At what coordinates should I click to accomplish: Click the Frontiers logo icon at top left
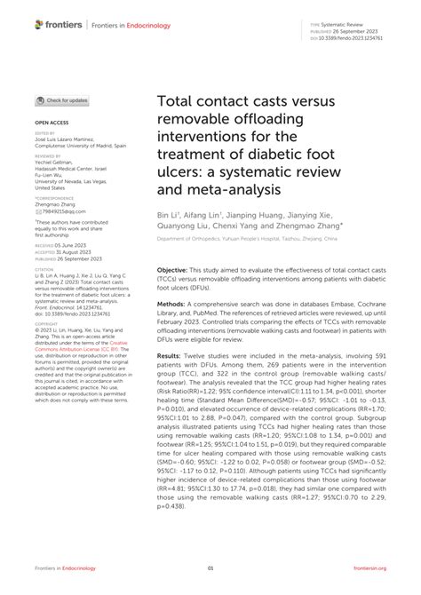39,25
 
